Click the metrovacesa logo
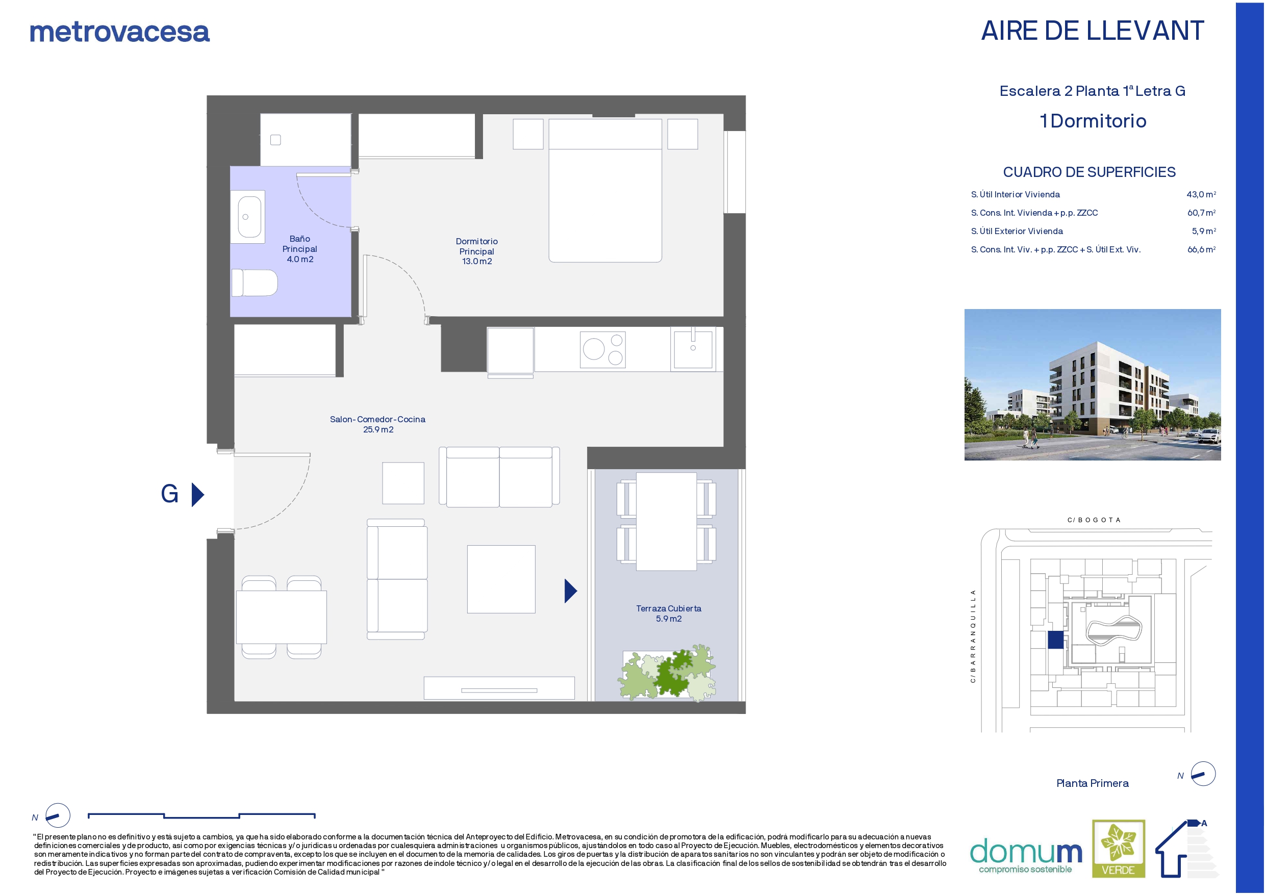click(120, 32)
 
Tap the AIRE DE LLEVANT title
click(1092, 31)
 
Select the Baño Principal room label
click(299, 249)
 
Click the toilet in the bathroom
click(254, 283)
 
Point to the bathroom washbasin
click(249, 217)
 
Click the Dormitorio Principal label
click(477, 251)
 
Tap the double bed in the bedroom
click(605, 190)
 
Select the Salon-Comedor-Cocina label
click(377, 424)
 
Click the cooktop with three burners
click(603, 350)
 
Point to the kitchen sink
click(693, 348)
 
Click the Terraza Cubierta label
click(669, 613)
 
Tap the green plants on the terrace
click(667, 673)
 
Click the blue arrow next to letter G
click(198, 495)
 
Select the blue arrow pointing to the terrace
click(571, 591)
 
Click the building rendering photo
click(1092, 385)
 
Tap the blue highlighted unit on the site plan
click(1055, 640)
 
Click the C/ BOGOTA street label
click(1094, 520)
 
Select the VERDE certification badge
click(1118, 848)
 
